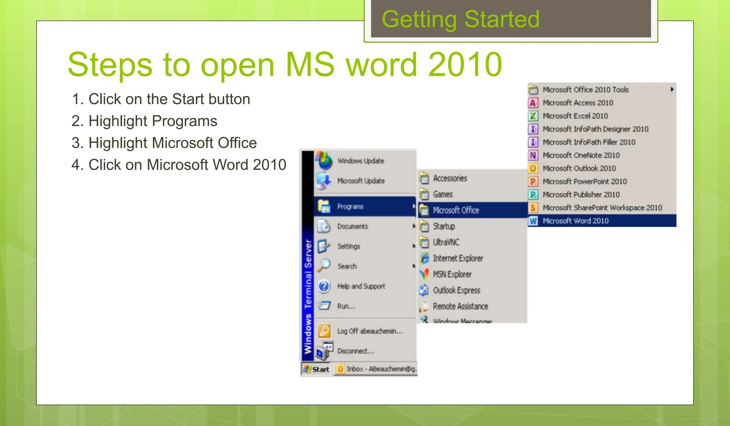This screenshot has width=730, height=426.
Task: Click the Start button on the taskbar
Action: (x=317, y=369)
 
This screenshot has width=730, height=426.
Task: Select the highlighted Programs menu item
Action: (x=350, y=206)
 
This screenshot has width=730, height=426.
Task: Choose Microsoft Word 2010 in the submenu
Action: (x=575, y=221)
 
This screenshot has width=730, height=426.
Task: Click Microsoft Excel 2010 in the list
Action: (x=575, y=116)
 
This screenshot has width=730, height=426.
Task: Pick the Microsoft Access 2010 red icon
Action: (x=533, y=103)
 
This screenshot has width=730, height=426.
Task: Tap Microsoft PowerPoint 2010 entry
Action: (x=585, y=181)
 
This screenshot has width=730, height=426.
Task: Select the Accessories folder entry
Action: (x=450, y=178)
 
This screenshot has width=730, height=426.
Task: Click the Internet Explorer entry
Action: (x=458, y=258)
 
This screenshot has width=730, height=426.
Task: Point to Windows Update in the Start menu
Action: (x=360, y=161)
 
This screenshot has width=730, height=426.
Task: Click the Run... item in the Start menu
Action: (x=346, y=306)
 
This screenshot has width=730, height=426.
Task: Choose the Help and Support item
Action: (x=361, y=286)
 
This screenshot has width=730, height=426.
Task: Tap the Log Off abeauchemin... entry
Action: (x=370, y=331)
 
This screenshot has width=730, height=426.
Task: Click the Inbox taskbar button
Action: (x=376, y=369)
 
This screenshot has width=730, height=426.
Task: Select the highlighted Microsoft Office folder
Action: (x=456, y=210)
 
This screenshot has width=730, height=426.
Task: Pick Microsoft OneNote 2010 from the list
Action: (x=581, y=155)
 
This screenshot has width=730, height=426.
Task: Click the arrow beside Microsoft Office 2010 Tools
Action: (x=672, y=89)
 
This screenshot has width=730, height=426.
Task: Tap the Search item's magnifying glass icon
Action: (x=324, y=265)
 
